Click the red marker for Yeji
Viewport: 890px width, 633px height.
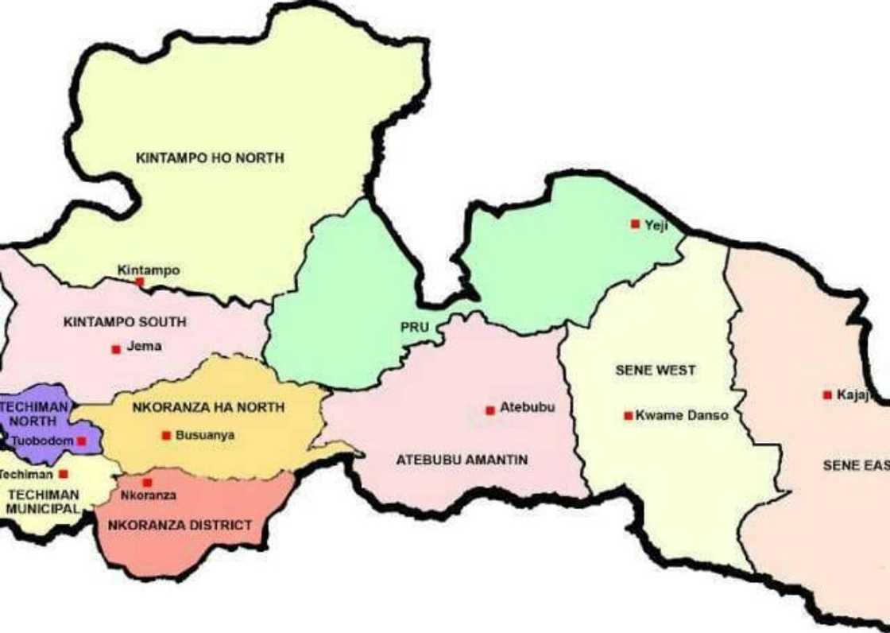pyautogui.click(x=635, y=224)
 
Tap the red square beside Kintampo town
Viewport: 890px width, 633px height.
pyautogui.click(x=140, y=282)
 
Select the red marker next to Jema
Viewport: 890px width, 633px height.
pyautogui.click(x=116, y=349)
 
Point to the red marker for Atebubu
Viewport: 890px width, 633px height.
pyautogui.click(x=490, y=410)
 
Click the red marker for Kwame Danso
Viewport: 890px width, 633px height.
pyautogui.click(x=629, y=415)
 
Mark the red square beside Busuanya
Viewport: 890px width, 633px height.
pyautogui.click(x=166, y=435)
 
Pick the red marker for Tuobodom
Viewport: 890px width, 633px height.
pyautogui.click(x=81, y=441)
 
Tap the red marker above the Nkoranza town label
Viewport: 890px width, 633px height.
pyautogui.click(x=147, y=483)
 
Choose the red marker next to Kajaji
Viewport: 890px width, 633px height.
pyautogui.click(x=827, y=394)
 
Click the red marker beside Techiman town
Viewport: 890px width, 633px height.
pyautogui.click(x=64, y=474)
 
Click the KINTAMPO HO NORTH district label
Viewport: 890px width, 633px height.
pyautogui.click(x=210, y=158)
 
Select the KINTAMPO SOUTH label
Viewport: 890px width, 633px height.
pyautogui.click(x=125, y=322)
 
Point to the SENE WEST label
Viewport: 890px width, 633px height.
pyautogui.click(x=656, y=371)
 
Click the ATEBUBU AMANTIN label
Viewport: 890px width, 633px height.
pyautogui.click(x=462, y=460)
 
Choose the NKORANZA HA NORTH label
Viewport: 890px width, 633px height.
pyautogui.click(x=208, y=407)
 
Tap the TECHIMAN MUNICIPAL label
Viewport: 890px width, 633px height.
pyautogui.click(x=43, y=502)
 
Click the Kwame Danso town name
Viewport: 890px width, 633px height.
pyautogui.click(x=682, y=415)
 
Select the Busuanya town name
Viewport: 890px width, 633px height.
pyautogui.click(x=205, y=435)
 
